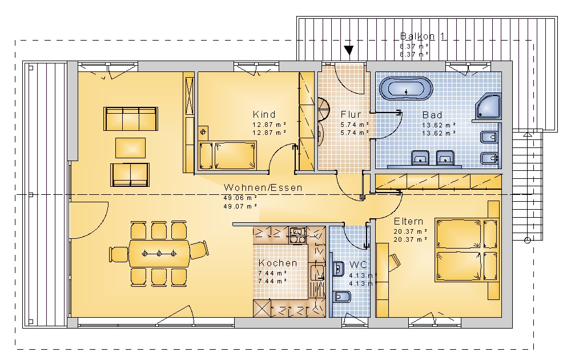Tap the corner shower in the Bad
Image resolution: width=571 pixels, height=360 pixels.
(x=488, y=106)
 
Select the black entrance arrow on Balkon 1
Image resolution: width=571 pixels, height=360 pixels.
(x=349, y=50)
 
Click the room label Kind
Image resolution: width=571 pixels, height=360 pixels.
(x=264, y=114)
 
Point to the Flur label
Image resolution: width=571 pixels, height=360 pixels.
(x=351, y=114)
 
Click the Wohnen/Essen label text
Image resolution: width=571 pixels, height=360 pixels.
(x=263, y=187)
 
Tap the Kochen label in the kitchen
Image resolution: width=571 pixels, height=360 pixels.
(x=278, y=263)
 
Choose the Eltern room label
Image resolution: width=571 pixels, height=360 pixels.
(x=409, y=222)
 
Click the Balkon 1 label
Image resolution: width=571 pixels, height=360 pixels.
(x=423, y=36)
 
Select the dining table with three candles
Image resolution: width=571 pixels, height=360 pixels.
(x=159, y=253)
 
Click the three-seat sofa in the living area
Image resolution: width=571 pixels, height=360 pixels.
(x=131, y=118)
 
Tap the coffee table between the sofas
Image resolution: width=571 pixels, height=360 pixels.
(x=130, y=147)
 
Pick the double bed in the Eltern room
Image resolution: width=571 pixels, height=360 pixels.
(x=467, y=250)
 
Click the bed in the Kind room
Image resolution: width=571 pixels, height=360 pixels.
(x=235, y=156)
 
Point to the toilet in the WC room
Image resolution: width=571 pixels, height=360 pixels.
(x=341, y=297)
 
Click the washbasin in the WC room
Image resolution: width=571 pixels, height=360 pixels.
(x=338, y=269)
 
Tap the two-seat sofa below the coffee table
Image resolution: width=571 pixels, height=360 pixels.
(x=130, y=175)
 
